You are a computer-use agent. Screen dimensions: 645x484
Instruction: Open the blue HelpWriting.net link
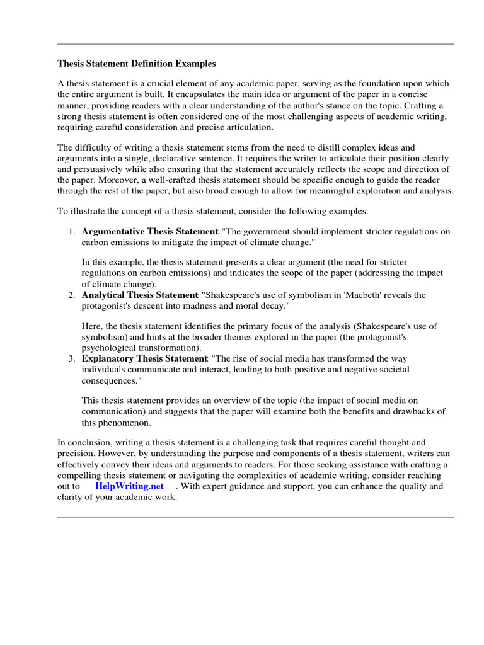click(x=129, y=486)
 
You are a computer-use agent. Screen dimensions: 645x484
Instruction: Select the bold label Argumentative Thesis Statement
click(x=150, y=231)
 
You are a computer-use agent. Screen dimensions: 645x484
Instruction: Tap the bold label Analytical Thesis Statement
click(x=140, y=295)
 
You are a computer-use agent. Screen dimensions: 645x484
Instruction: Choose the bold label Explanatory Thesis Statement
click(x=144, y=358)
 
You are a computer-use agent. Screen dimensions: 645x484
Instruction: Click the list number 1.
click(x=72, y=231)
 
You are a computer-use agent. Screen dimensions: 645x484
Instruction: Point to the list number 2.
click(x=72, y=295)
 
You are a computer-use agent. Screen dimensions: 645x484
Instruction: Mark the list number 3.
click(x=72, y=358)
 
